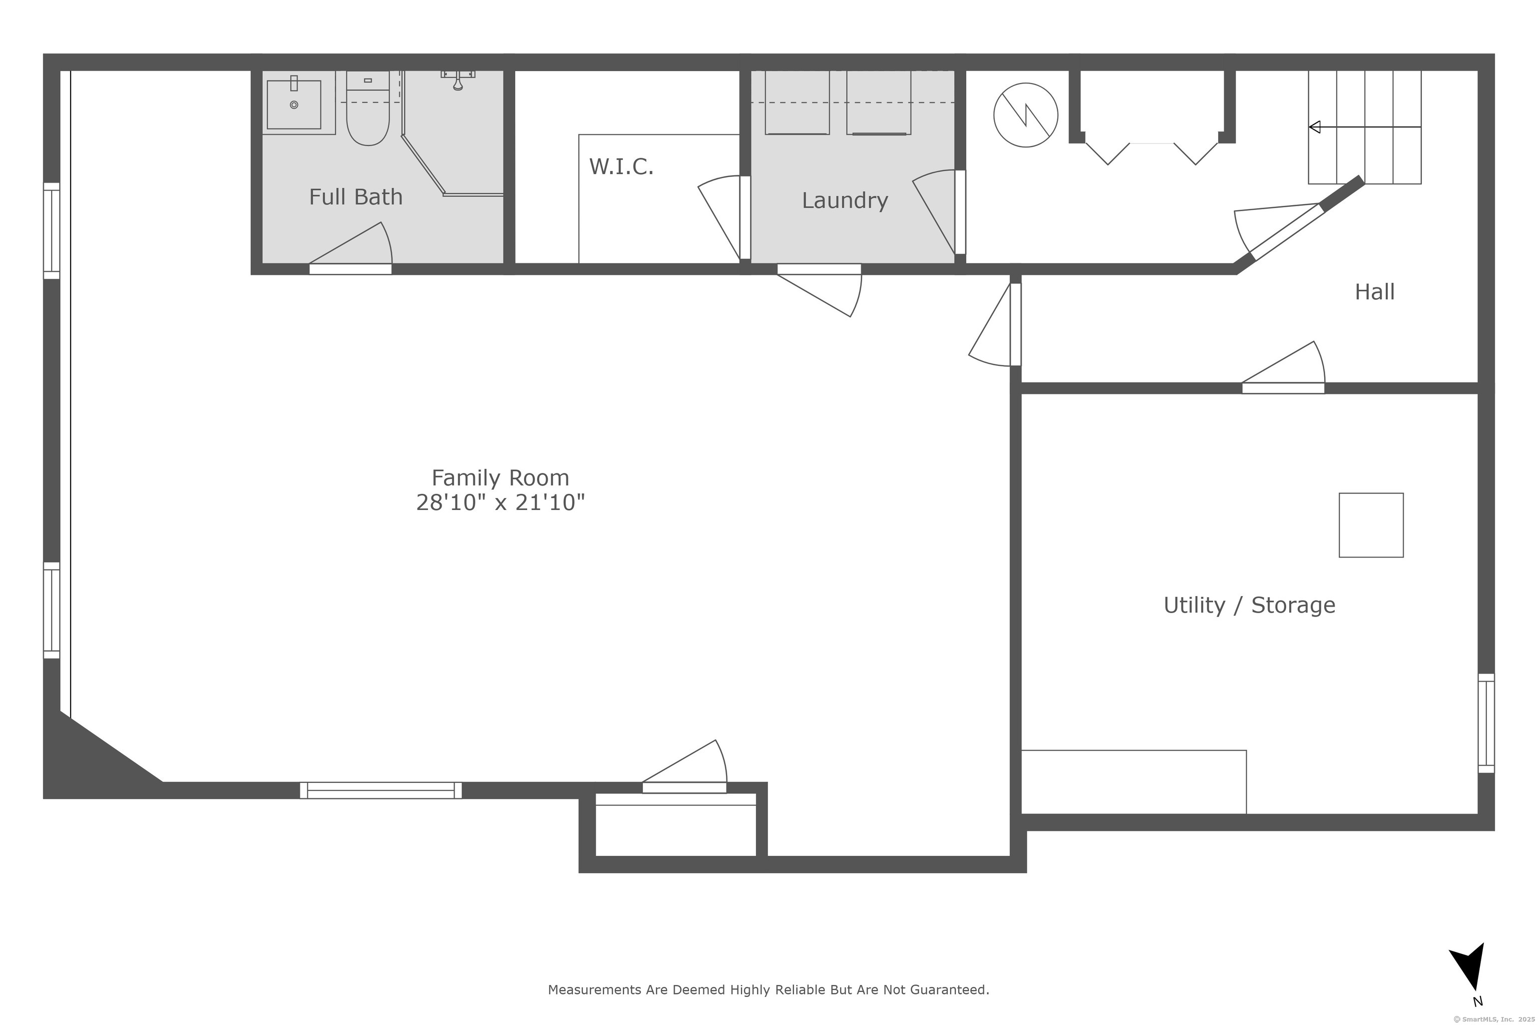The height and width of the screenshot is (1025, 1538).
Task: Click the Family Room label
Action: pos(500,478)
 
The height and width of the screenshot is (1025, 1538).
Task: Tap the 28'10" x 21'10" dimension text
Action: pos(500,502)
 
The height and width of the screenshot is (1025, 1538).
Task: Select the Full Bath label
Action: pos(356,197)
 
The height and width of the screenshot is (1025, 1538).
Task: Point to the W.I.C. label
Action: pos(621,167)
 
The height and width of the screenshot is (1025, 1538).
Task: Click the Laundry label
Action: pos(845,200)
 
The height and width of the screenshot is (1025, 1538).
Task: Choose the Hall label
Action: pos(1374,292)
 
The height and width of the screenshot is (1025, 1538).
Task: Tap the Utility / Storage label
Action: pos(1249,605)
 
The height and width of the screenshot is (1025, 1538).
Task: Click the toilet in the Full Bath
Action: pos(368,109)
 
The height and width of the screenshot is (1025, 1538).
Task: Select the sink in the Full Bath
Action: pos(294,105)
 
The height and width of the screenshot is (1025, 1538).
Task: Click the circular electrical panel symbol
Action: pos(1025,115)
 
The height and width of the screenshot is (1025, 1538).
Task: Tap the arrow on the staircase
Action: pos(1365,127)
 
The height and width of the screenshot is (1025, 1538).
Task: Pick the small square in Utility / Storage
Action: pos(1371,525)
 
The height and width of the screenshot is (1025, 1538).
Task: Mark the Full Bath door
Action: pos(350,248)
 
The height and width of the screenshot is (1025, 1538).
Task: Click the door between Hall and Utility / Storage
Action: pos(1283,367)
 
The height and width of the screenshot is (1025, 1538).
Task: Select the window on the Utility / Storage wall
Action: pos(1486,723)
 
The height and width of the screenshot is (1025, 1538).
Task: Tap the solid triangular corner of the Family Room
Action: pos(85,765)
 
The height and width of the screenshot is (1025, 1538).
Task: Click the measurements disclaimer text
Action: pos(768,989)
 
